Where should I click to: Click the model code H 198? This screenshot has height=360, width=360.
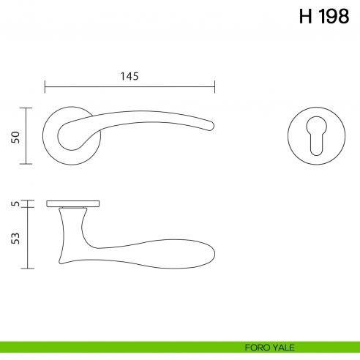click(x=324, y=17)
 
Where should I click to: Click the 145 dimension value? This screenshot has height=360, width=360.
click(x=129, y=76)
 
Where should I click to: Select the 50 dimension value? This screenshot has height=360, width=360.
click(x=15, y=137)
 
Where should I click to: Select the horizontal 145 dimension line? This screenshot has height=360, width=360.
click(x=130, y=87)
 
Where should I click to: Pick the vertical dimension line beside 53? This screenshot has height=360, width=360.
click(x=27, y=238)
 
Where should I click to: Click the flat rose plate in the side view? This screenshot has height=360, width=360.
click(x=73, y=203)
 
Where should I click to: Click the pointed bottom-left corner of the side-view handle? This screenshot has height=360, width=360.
click(x=60, y=261)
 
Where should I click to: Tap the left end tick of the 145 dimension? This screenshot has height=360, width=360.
click(x=45, y=87)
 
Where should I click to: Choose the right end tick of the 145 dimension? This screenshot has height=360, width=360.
click(x=215, y=87)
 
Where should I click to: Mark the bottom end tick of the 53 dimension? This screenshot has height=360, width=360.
click(x=27, y=269)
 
